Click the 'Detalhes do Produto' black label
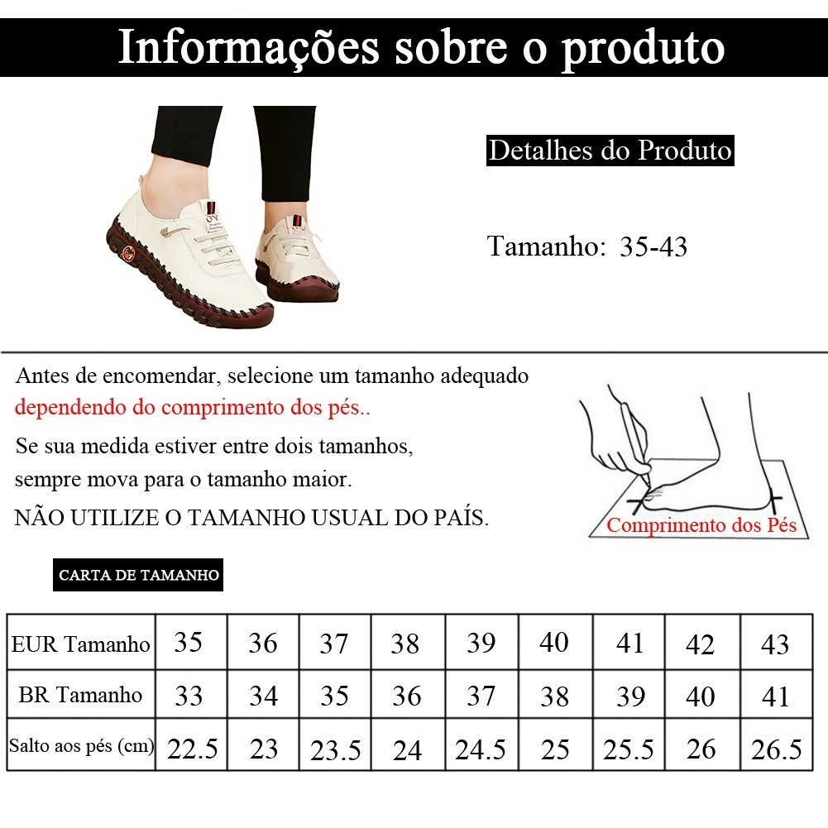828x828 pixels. [x=610, y=151]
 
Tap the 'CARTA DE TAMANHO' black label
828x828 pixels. [x=138, y=575]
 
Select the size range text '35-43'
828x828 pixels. [x=653, y=246]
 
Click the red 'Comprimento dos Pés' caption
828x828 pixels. [x=701, y=525]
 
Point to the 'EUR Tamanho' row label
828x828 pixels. [x=81, y=644]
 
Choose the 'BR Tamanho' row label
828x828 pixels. [x=80, y=695]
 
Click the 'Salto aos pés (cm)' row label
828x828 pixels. [x=81, y=745]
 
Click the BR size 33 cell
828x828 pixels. [x=189, y=696]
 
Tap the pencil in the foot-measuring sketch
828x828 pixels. [x=635, y=443]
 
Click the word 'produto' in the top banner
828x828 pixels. [x=643, y=49]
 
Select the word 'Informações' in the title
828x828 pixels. [x=249, y=47]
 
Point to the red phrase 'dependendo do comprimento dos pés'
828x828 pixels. [x=192, y=408]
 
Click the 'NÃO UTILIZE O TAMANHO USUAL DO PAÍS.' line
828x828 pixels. [x=251, y=518]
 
